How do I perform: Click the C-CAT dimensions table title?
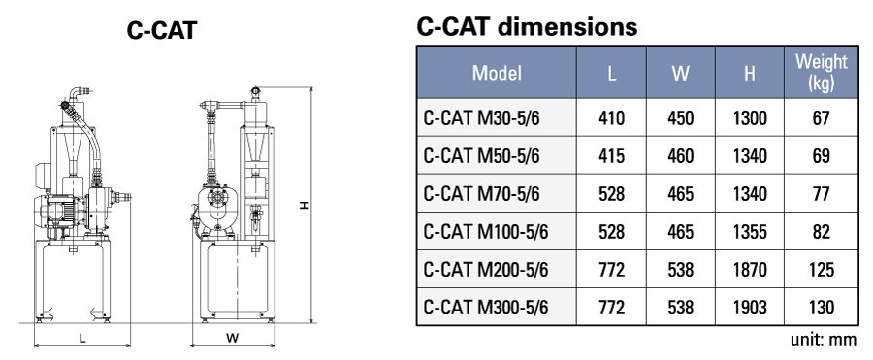pos(527,27)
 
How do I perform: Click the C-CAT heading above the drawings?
pos(162,31)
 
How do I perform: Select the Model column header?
pos(497,73)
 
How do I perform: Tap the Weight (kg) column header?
pos(821,73)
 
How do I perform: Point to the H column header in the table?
pos(750,73)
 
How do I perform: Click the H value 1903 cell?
pos(750,308)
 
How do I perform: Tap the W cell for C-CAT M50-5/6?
pos(681,156)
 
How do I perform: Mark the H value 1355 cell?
pos(750,232)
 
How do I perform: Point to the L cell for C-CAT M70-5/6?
pos(612,194)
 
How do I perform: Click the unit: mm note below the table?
pos(824,341)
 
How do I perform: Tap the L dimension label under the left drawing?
pos(82,339)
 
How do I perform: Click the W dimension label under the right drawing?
pos(232,339)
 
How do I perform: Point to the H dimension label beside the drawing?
pos(305,205)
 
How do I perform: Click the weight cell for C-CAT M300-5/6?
pos(821,308)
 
